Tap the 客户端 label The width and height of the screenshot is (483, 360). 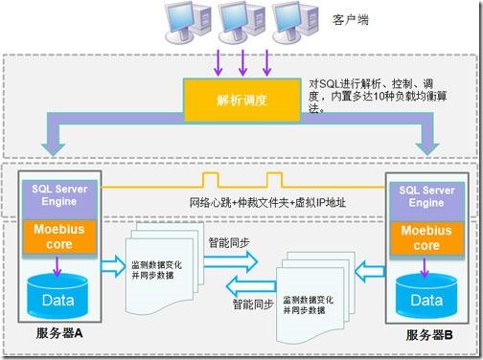[x=349, y=18]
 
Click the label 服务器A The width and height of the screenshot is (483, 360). [x=58, y=335]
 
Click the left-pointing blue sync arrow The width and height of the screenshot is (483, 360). [x=252, y=284]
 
